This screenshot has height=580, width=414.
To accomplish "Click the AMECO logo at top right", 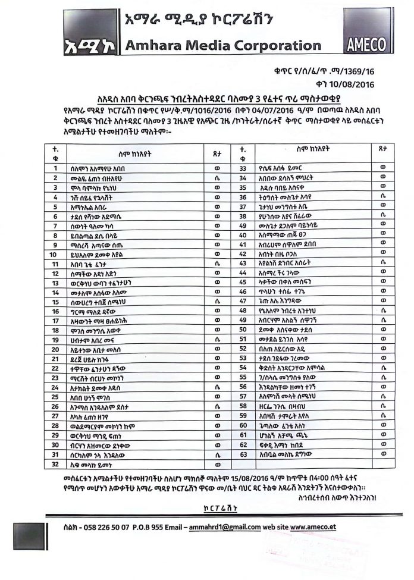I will coord(368,45).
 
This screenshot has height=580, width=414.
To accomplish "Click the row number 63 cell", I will coord(243,453).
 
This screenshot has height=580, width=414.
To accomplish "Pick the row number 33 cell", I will coord(243,168).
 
